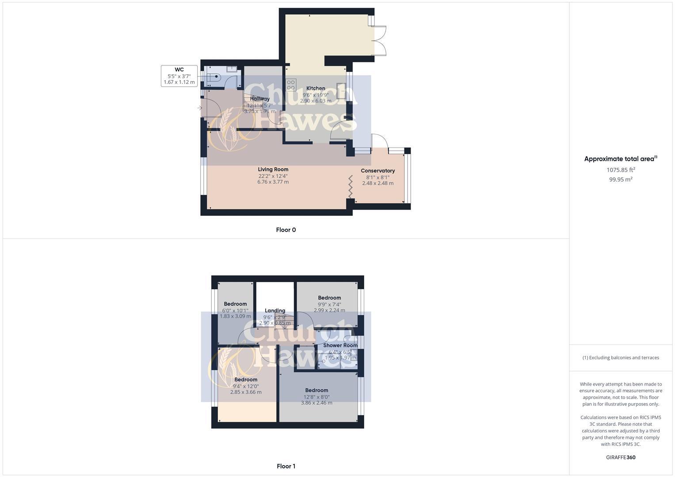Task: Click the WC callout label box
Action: [179, 76]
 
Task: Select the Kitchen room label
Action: [316, 88]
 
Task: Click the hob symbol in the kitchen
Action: [290, 84]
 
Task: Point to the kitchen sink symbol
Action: [341, 91]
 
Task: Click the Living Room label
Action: [273, 169]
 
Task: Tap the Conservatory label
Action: [378, 171]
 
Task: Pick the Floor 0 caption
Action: [286, 230]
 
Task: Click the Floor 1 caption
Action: [286, 466]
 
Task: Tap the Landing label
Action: [275, 310]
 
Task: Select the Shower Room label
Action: [340, 345]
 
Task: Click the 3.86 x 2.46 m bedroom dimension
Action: [317, 403]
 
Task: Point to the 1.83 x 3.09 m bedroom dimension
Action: [235, 316]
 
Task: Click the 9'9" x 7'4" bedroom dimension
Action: [329, 304]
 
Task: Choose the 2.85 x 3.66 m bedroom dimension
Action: [246, 392]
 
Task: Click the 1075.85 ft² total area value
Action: [621, 170]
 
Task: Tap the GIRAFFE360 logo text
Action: [621, 458]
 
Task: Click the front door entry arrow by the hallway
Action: [200, 108]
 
